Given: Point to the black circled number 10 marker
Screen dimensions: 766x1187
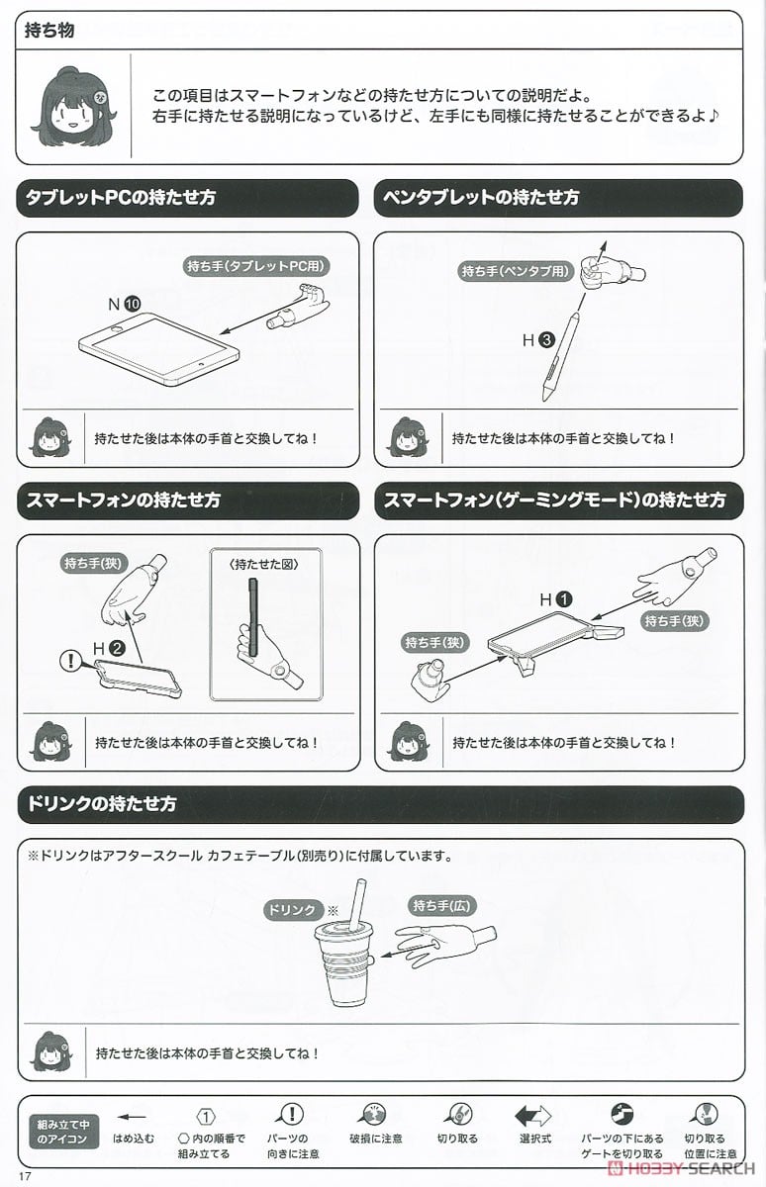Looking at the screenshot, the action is (x=132, y=304).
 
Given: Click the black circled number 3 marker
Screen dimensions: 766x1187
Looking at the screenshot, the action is (x=546, y=339).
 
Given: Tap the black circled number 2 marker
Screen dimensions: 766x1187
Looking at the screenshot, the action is (x=117, y=648).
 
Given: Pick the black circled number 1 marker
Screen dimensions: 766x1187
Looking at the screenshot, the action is (x=564, y=599).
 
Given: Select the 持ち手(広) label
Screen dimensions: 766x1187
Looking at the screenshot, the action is (x=441, y=906).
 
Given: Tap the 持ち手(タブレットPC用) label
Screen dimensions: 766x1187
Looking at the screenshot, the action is (x=256, y=265).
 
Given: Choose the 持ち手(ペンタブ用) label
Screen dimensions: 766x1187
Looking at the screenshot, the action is (x=516, y=271).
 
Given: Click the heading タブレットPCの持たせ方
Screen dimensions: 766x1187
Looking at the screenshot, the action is (x=121, y=197).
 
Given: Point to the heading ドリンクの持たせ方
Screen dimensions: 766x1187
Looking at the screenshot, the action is (x=102, y=804).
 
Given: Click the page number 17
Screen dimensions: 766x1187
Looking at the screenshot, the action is (x=25, y=1176).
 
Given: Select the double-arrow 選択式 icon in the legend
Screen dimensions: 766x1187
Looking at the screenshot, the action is (x=532, y=1117).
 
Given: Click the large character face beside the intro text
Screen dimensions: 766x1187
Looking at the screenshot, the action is (x=74, y=106).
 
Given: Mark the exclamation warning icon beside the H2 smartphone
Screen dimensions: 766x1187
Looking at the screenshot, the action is (x=69, y=661).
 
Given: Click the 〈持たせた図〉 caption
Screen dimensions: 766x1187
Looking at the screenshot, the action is (x=264, y=565).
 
